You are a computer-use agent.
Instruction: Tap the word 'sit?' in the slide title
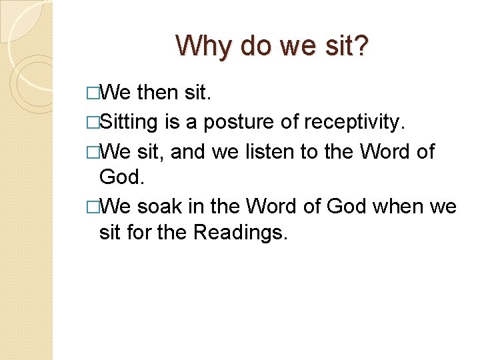pyautogui.click(x=347, y=45)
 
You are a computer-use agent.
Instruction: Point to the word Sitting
pyautogui.click(x=128, y=122)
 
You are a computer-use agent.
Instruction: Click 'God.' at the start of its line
pyautogui.click(x=121, y=176)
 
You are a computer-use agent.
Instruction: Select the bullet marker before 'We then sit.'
pyautogui.click(x=91, y=93)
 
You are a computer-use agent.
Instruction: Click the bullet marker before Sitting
pyautogui.click(x=91, y=122)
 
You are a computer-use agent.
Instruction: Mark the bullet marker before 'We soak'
pyautogui.click(x=91, y=206)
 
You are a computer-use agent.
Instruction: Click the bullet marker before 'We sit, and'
pyautogui.click(x=91, y=151)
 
